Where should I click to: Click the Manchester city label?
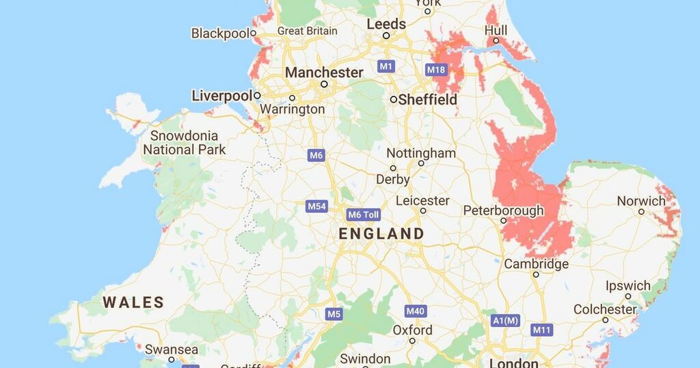(324, 73)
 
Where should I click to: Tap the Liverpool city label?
(222, 96)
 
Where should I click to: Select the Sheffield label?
(428, 99)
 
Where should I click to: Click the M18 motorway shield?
(436, 70)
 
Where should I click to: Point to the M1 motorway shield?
(386, 66)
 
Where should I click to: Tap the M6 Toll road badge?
(363, 215)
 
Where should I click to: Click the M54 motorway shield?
(317, 207)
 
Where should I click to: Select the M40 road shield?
(415, 311)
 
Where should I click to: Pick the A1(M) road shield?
(506, 320)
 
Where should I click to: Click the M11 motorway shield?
(541, 330)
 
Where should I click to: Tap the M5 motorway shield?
(333, 314)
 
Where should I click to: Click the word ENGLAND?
(381, 234)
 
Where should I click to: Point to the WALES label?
(133, 302)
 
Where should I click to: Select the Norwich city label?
(641, 201)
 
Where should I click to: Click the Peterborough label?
(504, 210)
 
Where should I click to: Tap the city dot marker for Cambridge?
(536, 275)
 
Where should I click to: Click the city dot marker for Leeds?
(386, 36)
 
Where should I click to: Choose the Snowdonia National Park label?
(184, 143)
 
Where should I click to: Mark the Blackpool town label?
(220, 33)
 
